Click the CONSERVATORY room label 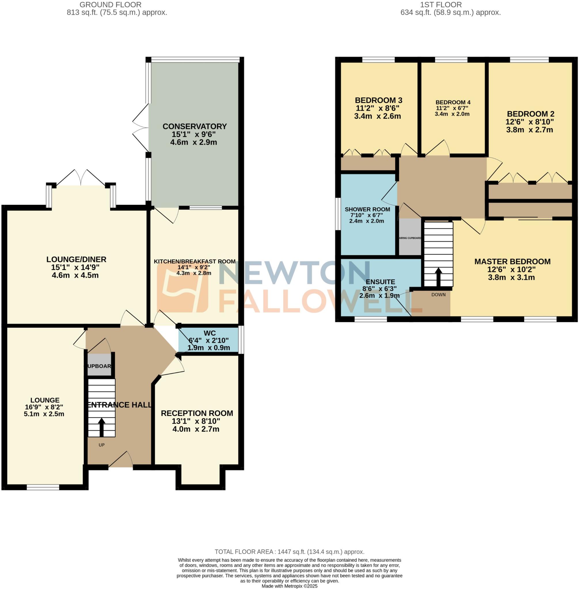194,126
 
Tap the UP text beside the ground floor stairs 101,445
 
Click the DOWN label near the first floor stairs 438,295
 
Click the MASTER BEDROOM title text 512,261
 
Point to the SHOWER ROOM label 367,209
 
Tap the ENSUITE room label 380,282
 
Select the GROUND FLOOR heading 110,5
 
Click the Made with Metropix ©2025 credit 289,586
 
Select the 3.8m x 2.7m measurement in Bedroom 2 529,130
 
